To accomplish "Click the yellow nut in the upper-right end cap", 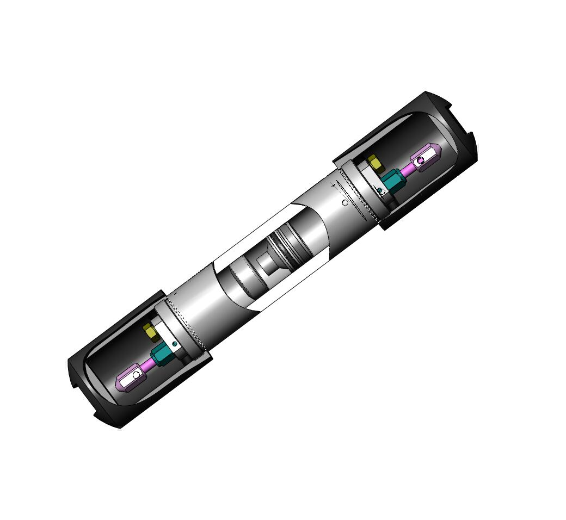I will pos(374,162).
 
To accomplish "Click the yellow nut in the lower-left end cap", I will pos(149,330).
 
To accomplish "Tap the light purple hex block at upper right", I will pos(426,158).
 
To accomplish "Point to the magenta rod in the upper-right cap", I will pos(408,169).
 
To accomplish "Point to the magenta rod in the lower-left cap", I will pos(147,365).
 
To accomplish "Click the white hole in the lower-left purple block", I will pos(136,375).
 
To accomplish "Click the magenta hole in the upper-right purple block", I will pos(420,160).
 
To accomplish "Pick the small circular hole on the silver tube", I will pos(344,203).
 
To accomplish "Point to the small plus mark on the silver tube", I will pos(333,185).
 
